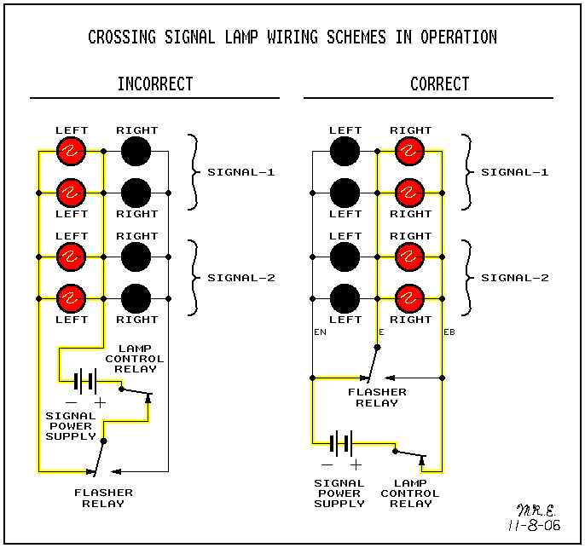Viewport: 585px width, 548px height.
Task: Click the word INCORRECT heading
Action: (x=155, y=84)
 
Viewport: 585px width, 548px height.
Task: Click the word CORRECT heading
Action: (x=439, y=84)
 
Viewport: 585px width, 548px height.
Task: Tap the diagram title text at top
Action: (x=292, y=37)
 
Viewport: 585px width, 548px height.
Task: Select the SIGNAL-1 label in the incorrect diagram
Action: (x=240, y=172)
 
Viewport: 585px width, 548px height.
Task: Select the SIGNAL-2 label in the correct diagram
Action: (x=514, y=278)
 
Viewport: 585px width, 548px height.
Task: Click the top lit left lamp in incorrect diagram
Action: (x=72, y=152)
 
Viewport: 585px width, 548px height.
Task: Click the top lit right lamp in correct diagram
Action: (x=410, y=152)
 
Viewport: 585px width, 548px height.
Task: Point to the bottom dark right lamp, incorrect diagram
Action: (x=135, y=298)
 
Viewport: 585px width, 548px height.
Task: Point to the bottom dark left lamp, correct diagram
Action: (x=345, y=298)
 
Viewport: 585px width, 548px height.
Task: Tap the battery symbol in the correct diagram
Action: (x=341, y=443)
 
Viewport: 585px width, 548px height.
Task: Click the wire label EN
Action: (x=320, y=331)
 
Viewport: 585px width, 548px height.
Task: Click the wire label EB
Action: (x=449, y=331)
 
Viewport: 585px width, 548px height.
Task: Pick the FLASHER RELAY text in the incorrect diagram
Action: (x=103, y=498)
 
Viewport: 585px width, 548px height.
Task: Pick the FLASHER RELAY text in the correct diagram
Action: (x=377, y=397)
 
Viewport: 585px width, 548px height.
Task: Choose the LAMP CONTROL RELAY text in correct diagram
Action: (x=410, y=493)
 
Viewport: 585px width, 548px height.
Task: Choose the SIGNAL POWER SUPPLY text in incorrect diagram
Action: (x=71, y=426)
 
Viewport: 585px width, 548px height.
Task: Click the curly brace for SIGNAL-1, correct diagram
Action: (x=466, y=172)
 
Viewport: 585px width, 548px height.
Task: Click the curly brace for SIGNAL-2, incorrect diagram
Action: (x=194, y=278)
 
